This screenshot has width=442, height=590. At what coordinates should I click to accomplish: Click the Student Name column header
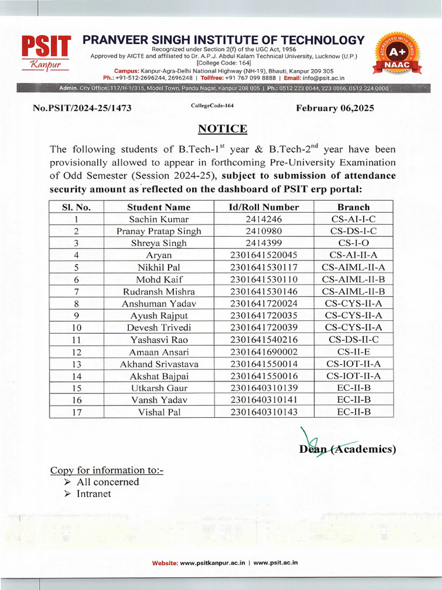click(158, 207)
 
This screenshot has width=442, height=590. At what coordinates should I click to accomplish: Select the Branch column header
click(353, 207)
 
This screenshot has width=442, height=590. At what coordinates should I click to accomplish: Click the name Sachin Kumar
click(158, 219)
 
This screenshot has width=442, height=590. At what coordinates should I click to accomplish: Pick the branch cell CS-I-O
click(353, 243)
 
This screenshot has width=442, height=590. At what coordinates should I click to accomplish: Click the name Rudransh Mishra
click(158, 291)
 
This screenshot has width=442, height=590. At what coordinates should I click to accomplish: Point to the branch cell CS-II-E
click(353, 351)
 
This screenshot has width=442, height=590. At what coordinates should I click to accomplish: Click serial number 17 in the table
click(76, 411)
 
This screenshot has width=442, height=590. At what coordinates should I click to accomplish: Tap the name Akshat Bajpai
click(158, 376)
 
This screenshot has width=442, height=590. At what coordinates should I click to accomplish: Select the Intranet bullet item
click(94, 494)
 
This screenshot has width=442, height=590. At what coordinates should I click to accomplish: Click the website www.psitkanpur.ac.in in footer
click(213, 562)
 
